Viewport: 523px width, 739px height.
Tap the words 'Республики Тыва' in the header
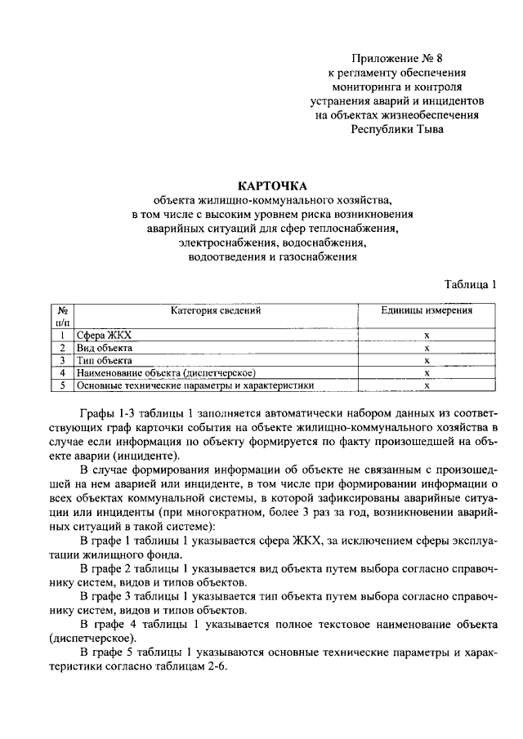[397, 128]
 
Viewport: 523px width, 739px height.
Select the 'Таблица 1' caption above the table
[471, 284]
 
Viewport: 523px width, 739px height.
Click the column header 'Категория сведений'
[216, 310]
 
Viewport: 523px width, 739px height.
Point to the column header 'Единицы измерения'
[427, 310]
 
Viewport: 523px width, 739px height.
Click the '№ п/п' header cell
[61, 316]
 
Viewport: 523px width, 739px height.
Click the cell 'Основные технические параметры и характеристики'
[194, 385]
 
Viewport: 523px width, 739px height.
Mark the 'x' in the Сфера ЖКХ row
[427, 336]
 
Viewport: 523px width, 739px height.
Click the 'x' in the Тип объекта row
[427, 360]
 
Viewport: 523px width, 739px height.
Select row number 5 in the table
[62, 385]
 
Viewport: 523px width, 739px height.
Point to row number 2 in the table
[62, 348]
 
